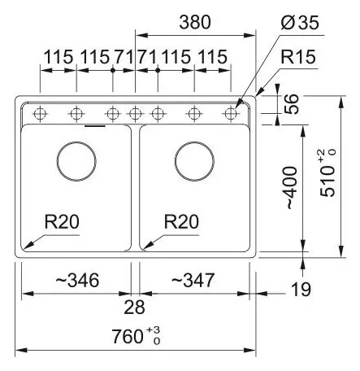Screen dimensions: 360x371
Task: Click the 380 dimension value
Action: (195, 22)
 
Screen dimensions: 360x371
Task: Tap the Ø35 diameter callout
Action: (300, 22)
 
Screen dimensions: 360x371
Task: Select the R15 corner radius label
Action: (298, 57)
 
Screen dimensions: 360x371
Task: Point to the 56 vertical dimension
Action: (292, 104)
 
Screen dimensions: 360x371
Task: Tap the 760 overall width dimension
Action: (128, 336)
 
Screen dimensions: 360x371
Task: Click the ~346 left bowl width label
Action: (77, 280)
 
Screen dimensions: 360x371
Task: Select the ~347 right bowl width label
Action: (193, 280)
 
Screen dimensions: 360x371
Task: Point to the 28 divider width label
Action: (134, 308)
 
